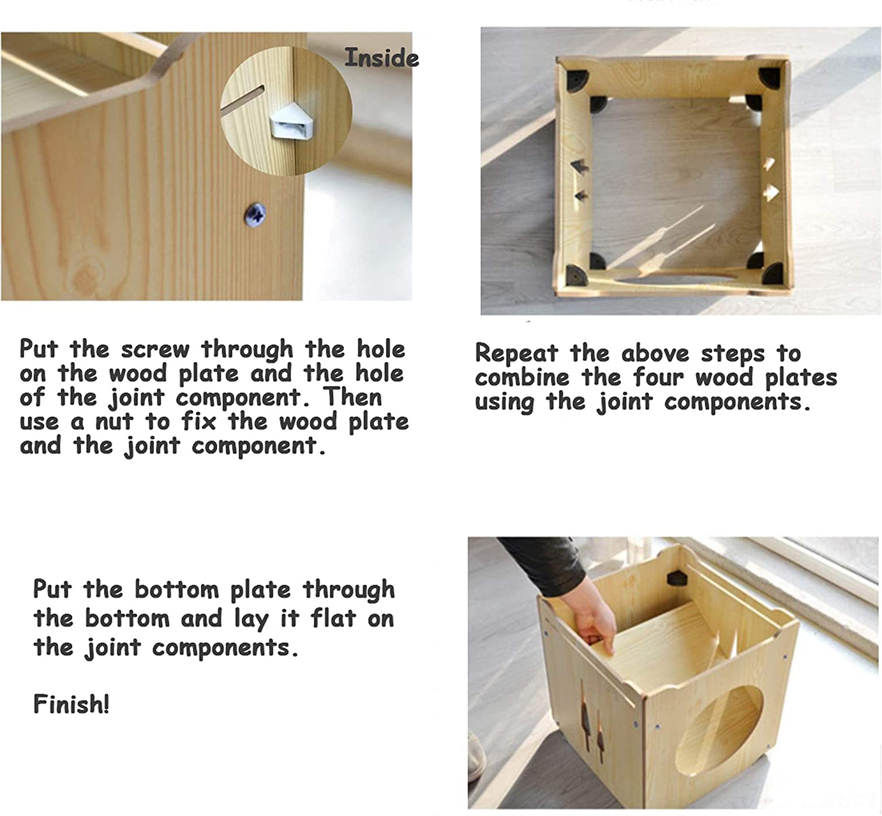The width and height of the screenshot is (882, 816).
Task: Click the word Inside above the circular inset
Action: (x=382, y=58)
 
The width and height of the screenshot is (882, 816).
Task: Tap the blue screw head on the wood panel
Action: (x=255, y=215)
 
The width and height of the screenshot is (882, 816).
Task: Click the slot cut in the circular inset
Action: (x=242, y=101)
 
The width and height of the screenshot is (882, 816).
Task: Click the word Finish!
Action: (x=71, y=704)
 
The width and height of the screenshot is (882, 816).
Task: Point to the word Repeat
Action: (x=516, y=353)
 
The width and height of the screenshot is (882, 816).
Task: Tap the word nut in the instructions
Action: (x=114, y=422)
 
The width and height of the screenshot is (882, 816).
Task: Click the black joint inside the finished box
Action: (x=677, y=578)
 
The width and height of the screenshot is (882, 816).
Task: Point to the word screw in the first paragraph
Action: (x=155, y=350)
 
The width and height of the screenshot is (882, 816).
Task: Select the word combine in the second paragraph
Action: (x=522, y=377)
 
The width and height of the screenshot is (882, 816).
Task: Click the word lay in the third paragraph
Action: (x=251, y=619)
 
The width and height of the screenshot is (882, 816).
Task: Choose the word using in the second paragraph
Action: (x=505, y=403)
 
